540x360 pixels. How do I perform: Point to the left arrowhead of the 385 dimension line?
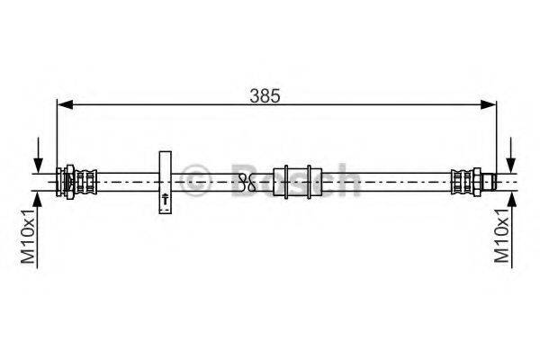click(x=62, y=106)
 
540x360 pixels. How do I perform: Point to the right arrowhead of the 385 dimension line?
click(x=492, y=106)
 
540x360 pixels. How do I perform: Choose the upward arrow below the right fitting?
click(x=510, y=202)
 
